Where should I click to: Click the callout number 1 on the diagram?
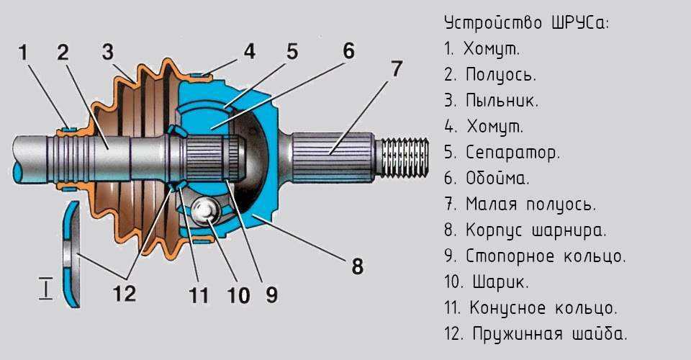(23, 52)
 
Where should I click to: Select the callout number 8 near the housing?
(357, 267)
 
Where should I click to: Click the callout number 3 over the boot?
(108, 52)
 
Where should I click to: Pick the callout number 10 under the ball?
(239, 294)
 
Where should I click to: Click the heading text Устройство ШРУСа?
(527, 23)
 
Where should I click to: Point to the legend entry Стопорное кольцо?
(546, 256)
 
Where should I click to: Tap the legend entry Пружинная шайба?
(549, 334)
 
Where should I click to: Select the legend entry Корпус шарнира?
(536, 230)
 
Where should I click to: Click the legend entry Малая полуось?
(530, 204)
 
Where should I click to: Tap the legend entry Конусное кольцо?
(543, 308)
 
